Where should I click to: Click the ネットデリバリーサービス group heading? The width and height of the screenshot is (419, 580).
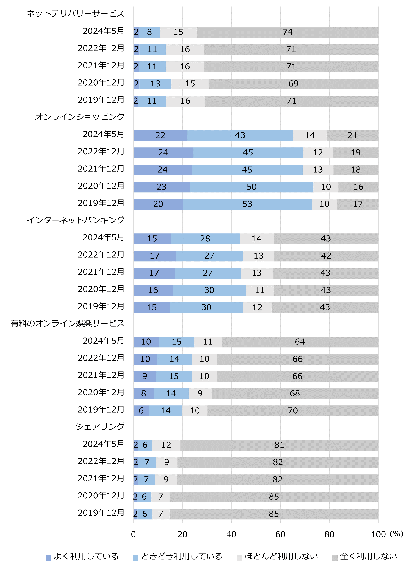tap(76, 13)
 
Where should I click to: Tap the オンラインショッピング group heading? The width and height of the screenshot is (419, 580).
tap(80, 117)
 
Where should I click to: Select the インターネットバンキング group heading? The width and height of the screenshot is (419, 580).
tap(76, 220)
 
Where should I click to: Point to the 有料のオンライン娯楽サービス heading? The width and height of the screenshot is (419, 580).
tap(68, 323)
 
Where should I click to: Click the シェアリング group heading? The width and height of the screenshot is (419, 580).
tap(100, 426)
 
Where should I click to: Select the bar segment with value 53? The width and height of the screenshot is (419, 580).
tap(247, 204)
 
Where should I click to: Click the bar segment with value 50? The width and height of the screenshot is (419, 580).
tap(252, 187)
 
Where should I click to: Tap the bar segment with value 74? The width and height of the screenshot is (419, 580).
tap(287, 32)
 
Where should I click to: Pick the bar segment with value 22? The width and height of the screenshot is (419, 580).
tap(160, 135)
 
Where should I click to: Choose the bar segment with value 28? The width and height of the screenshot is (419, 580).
tap(205, 239)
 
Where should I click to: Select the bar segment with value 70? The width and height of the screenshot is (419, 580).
tap(293, 411)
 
